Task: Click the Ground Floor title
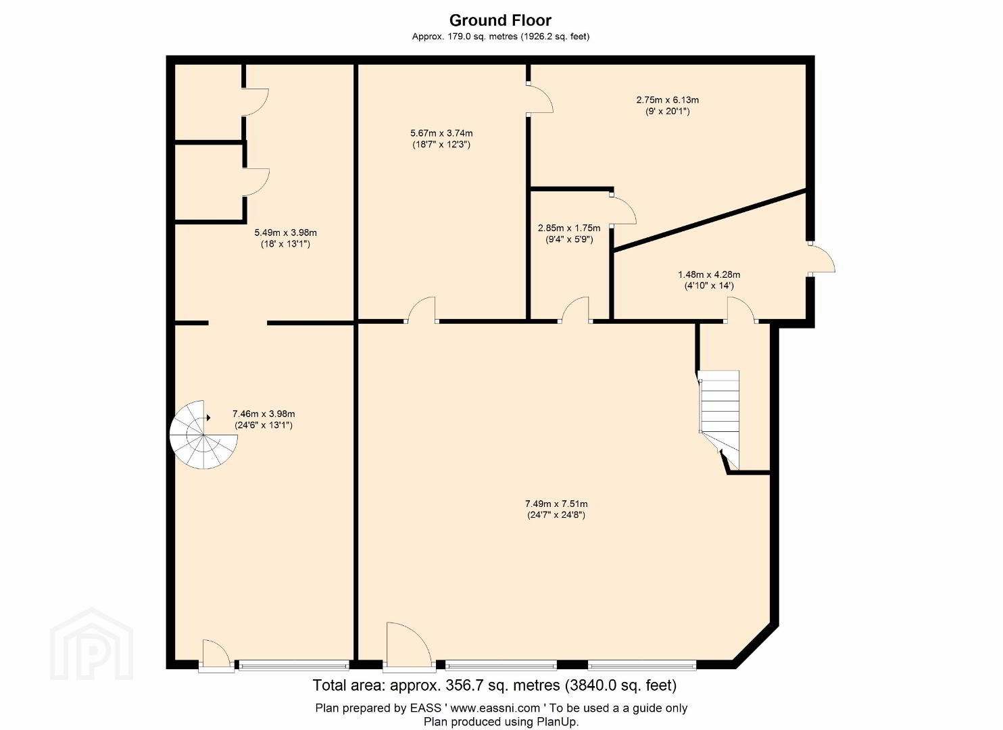(500, 20)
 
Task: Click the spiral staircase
(203, 435)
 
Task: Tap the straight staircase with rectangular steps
(718, 418)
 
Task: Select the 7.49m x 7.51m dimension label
(556, 509)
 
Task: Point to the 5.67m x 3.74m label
(441, 139)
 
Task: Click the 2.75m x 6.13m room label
(668, 105)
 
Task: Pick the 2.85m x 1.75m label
(569, 233)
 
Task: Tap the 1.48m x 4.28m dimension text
(709, 280)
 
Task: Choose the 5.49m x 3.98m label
(286, 238)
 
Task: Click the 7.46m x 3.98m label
(264, 420)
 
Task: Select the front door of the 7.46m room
(216, 655)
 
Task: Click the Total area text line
(494, 685)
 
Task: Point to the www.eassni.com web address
(495, 708)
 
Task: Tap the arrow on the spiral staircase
(207, 418)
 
